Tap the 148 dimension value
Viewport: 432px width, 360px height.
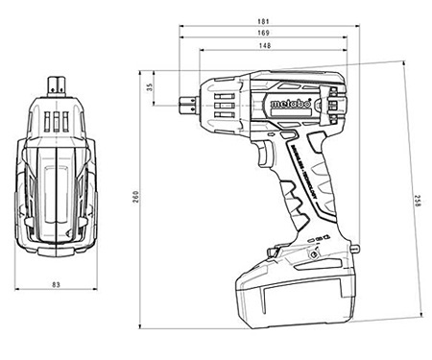[x=262, y=45]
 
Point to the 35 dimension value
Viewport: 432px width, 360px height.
[x=150, y=87]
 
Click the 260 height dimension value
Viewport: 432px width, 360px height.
[x=136, y=196]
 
